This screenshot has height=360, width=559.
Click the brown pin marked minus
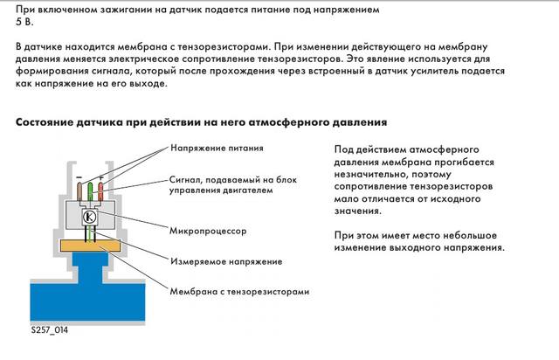coord(79,193)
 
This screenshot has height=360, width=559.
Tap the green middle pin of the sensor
coord(89,193)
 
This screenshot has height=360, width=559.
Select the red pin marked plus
coord(100,193)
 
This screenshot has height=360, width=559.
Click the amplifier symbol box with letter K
coord(89,218)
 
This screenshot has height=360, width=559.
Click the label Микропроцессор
coord(209,233)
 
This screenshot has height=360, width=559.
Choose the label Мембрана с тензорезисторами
coord(239,291)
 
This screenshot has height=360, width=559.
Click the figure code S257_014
coord(44,333)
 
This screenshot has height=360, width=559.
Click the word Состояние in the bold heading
coord(52,121)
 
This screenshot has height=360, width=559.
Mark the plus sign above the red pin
coord(100,178)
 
